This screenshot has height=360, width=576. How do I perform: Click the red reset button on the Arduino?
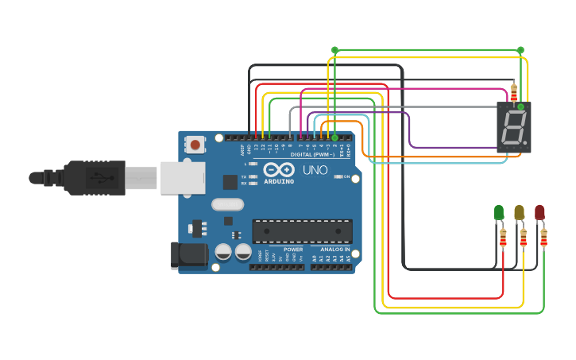(x=195, y=145)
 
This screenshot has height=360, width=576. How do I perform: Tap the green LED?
(x=499, y=212)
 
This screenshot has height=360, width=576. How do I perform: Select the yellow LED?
(x=519, y=212)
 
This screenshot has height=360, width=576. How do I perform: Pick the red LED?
(x=539, y=212)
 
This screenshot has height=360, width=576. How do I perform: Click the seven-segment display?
(x=513, y=127)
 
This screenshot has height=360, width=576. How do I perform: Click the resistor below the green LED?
(x=503, y=238)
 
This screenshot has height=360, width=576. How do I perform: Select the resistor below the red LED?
(x=543, y=238)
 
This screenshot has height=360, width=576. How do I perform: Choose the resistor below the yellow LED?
(x=523, y=238)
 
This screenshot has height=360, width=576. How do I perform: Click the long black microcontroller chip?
(x=302, y=230)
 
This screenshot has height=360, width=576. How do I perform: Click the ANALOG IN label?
(x=334, y=250)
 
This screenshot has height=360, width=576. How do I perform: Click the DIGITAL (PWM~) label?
(x=312, y=154)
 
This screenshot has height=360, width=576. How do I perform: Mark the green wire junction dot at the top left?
(x=334, y=50)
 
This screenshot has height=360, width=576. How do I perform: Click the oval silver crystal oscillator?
(x=228, y=204)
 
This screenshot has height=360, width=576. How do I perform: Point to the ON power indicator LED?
(x=339, y=176)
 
